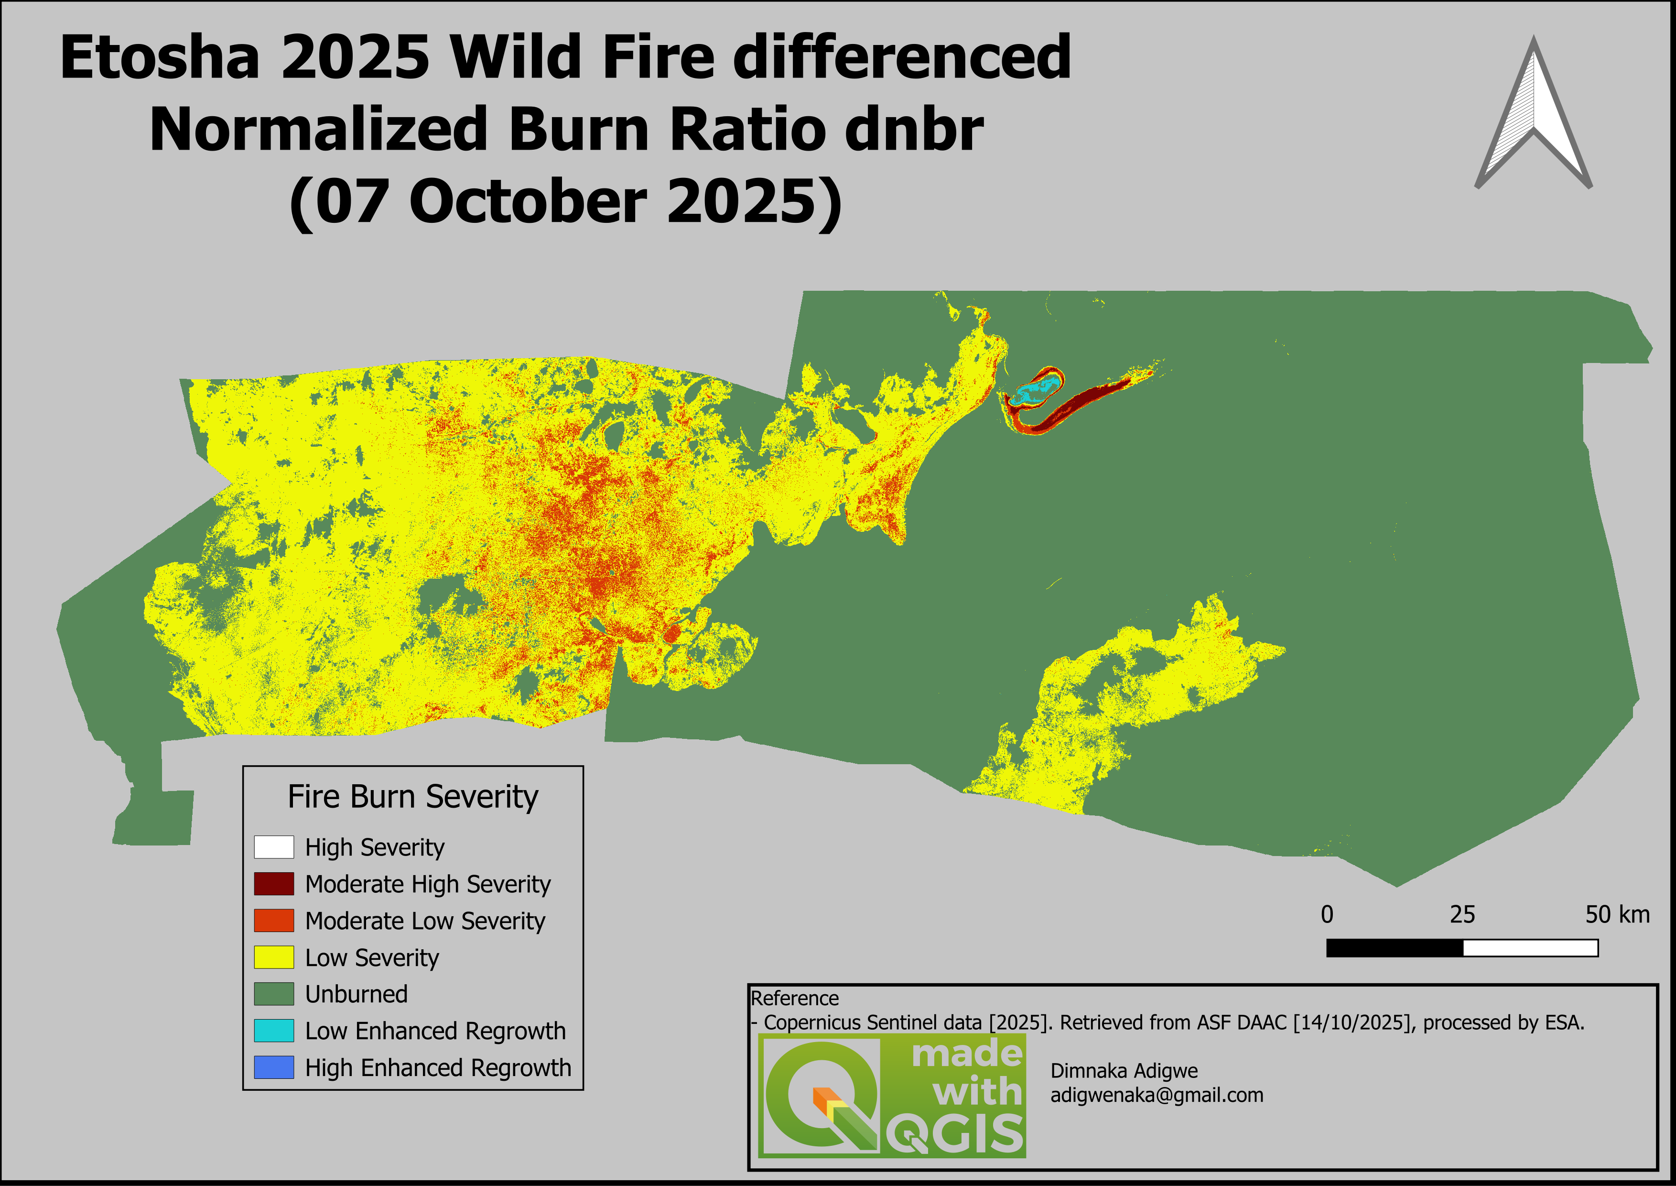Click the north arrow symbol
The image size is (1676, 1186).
tap(1533, 117)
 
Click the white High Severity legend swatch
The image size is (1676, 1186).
tap(274, 847)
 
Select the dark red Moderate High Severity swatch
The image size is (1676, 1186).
tap(274, 884)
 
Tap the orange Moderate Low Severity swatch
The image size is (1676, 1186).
tap(274, 920)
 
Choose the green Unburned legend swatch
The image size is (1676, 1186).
tap(274, 994)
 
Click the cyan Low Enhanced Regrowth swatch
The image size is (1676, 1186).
tap(274, 1031)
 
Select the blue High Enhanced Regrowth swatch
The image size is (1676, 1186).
tap(274, 1067)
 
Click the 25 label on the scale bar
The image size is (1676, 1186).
tap(1462, 914)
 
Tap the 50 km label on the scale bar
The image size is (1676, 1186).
tap(1617, 914)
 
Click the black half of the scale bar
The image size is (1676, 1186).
tap(1394, 948)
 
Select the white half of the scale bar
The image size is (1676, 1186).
tap(1531, 948)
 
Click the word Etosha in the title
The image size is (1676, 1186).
tap(160, 58)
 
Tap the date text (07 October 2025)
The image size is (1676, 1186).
tap(566, 202)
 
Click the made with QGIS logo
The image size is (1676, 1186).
tap(892, 1096)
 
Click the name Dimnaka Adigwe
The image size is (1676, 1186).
tap(1124, 1071)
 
